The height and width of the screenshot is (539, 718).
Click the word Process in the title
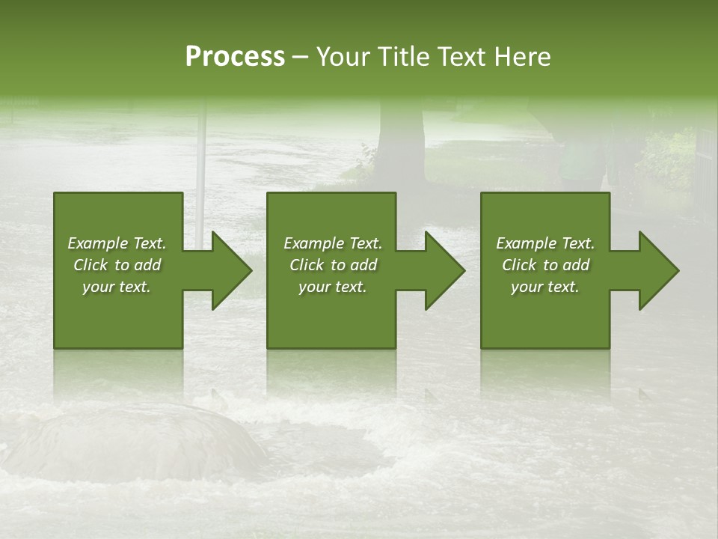click(x=235, y=57)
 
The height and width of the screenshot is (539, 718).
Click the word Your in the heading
click(x=343, y=57)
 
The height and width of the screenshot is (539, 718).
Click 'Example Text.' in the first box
click(x=117, y=243)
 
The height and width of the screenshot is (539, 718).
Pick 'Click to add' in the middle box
click(x=333, y=265)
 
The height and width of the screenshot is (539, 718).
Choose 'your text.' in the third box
click(x=545, y=287)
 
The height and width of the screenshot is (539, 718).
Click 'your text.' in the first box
click(x=117, y=287)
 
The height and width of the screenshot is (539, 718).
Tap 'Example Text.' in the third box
click(x=545, y=243)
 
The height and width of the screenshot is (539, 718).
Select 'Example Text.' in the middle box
click(x=333, y=243)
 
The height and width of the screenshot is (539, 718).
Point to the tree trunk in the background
click(x=400, y=142)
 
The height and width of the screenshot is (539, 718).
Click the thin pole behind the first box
click(x=200, y=150)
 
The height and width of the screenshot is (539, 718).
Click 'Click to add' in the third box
click(x=545, y=265)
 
